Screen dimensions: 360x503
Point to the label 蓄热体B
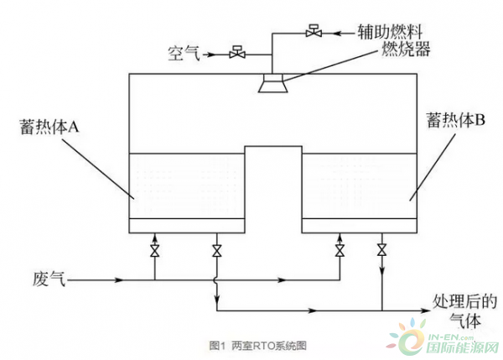[x=452, y=121]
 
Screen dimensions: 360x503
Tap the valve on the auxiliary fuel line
[x=314, y=33]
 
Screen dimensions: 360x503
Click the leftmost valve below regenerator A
[x=154, y=250]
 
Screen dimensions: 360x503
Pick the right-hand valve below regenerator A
[x=217, y=250]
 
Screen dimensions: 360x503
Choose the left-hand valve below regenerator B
[x=340, y=250]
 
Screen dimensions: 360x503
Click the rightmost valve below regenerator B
[x=382, y=250]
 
